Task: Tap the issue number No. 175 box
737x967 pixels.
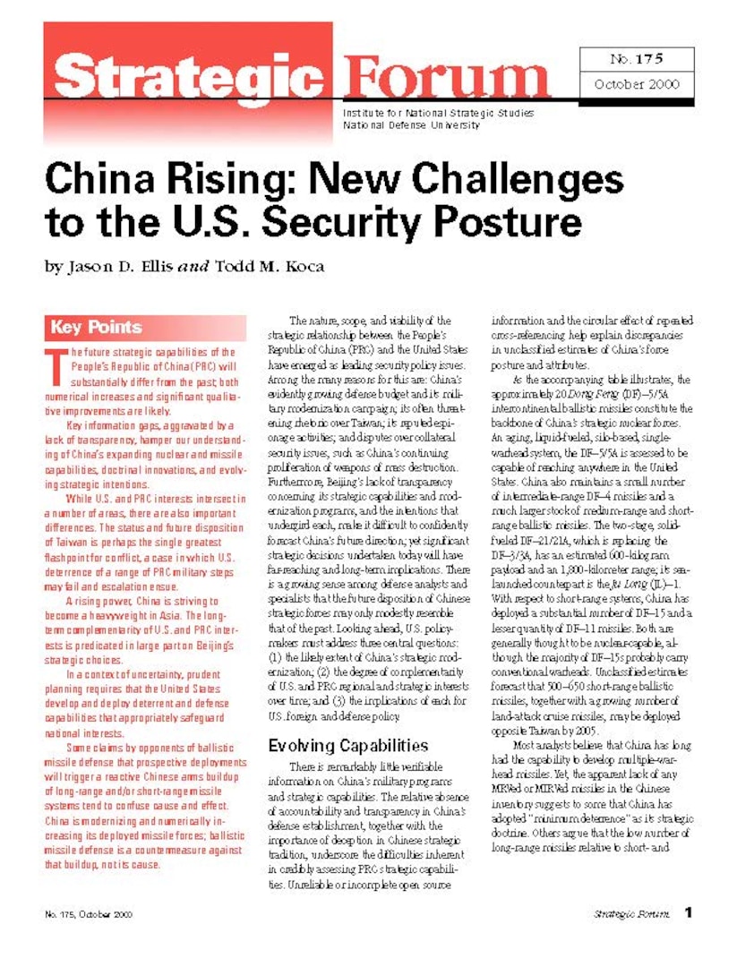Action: point(636,60)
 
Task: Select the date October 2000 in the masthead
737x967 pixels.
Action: point(637,85)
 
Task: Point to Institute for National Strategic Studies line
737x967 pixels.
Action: point(438,114)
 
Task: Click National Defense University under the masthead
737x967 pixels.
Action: point(411,125)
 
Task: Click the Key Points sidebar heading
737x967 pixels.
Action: point(97,327)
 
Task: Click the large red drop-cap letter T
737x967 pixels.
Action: point(56,361)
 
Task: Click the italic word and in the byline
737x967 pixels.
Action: point(193,267)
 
